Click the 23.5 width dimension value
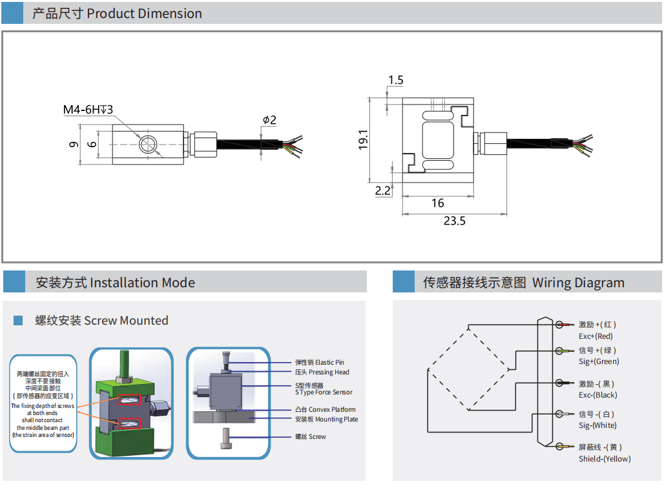[x=454, y=221]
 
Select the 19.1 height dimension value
[x=363, y=140]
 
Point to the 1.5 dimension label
[x=395, y=80]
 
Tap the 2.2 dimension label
[x=383, y=190]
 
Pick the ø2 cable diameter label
[x=269, y=120]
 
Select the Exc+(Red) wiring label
[x=596, y=336]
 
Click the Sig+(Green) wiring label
[x=599, y=361]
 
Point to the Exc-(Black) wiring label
[x=597, y=395]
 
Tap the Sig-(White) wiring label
[x=597, y=425]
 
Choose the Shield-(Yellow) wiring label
[x=605, y=459]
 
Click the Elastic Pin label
[x=319, y=362]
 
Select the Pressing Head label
[x=322, y=372]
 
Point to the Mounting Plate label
[x=326, y=419]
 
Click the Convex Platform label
[x=325, y=409]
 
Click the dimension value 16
[x=438, y=203]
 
